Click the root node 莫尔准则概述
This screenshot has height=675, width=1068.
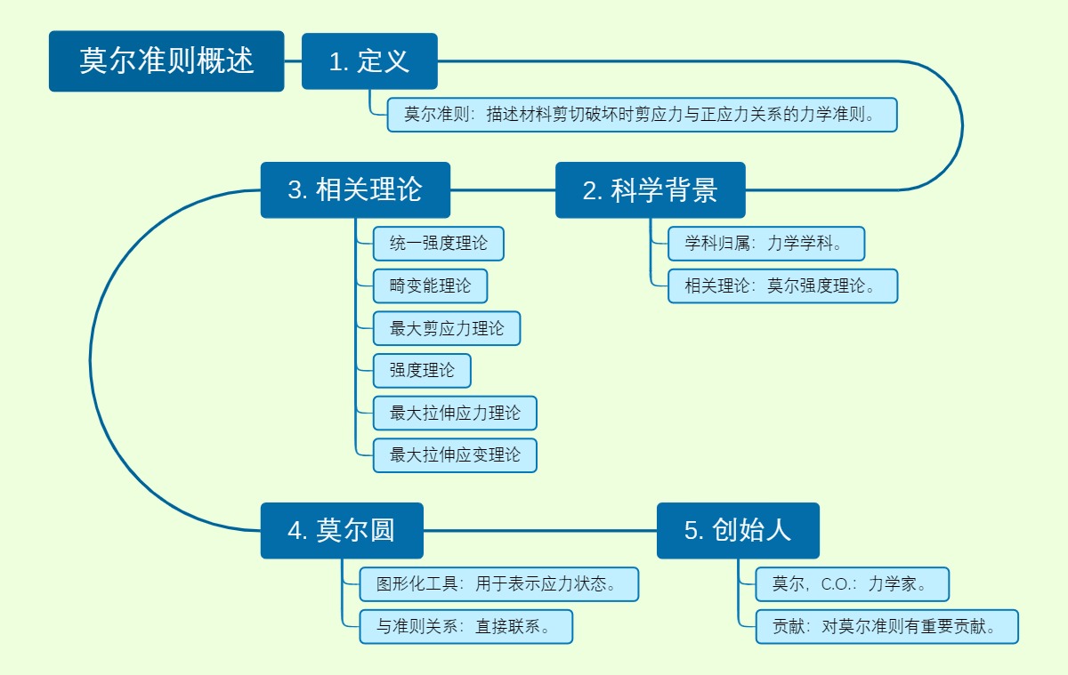166,61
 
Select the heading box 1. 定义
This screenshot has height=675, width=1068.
369,61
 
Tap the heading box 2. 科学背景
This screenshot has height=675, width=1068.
650,190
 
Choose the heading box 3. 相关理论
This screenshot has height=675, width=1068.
355,190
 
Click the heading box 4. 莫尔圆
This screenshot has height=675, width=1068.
342,531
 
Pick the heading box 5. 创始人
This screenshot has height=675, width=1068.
738,531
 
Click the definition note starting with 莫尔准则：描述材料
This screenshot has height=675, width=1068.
642,115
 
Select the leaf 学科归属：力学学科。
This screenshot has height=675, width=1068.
766,244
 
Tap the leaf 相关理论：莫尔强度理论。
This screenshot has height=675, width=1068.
782,286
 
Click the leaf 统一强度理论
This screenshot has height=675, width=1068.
438,244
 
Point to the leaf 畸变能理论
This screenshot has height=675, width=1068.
430,286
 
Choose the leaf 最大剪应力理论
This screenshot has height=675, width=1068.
446,329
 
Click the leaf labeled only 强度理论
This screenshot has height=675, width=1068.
422,371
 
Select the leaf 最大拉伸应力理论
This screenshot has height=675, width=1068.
455,414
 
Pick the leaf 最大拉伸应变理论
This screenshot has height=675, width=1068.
455,455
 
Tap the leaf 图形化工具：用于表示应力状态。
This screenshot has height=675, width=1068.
499,584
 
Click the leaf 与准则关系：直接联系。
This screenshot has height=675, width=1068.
466,627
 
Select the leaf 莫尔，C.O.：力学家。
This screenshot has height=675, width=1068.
852,584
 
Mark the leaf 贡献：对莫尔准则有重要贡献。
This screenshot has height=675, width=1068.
886,627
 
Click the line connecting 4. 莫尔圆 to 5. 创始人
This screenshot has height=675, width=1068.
539,531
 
